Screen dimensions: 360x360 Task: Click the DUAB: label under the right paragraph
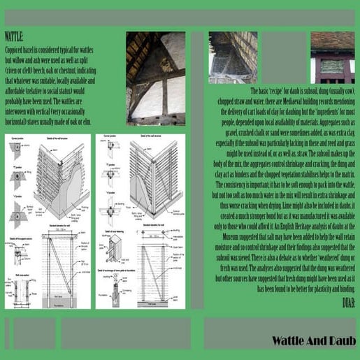[348, 303]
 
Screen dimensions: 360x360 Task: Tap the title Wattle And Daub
[314, 341]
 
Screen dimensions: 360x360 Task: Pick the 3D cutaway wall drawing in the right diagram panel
[155, 168]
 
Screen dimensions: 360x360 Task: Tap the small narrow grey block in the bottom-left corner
[7, 333]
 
